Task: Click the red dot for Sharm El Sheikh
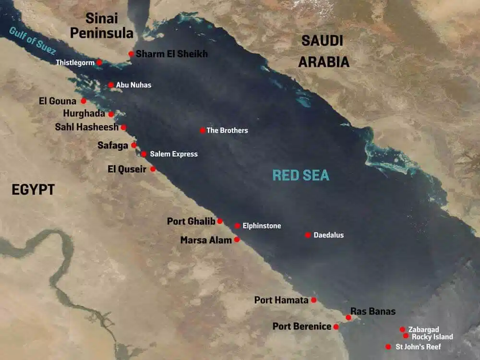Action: pyautogui.click(x=131, y=54)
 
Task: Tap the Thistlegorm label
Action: pyautogui.click(x=75, y=62)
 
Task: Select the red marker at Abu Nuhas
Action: pyautogui.click(x=111, y=85)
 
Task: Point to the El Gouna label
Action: pyautogui.click(x=57, y=101)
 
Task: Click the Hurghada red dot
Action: pyautogui.click(x=111, y=114)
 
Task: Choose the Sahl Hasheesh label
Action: pyautogui.click(x=86, y=127)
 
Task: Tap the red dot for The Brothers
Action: pyautogui.click(x=203, y=130)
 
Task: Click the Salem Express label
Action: pyautogui.click(x=174, y=154)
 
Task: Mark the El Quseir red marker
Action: pyautogui.click(x=153, y=169)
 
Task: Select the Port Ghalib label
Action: pyautogui.click(x=191, y=221)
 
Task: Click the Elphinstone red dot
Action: pyautogui.click(x=238, y=226)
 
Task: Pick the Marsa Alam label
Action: pyautogui.click(x=206, y=240)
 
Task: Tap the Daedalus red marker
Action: pyautogui.click(x=308, y=235)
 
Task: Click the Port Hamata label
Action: pyautogui.click(x=281, y=300)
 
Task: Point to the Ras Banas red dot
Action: pyautogui.click(x=348, y=317)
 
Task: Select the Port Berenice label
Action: pyautogui.click(x=302, y=326)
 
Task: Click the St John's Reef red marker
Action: pyautogui.click(x=388, y=347)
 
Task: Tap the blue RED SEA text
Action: pyautogui.click(x=301, y=175)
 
